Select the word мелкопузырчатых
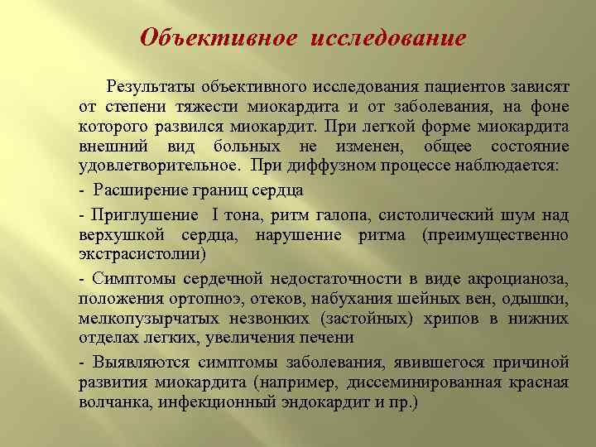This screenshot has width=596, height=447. tap(142, 318)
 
